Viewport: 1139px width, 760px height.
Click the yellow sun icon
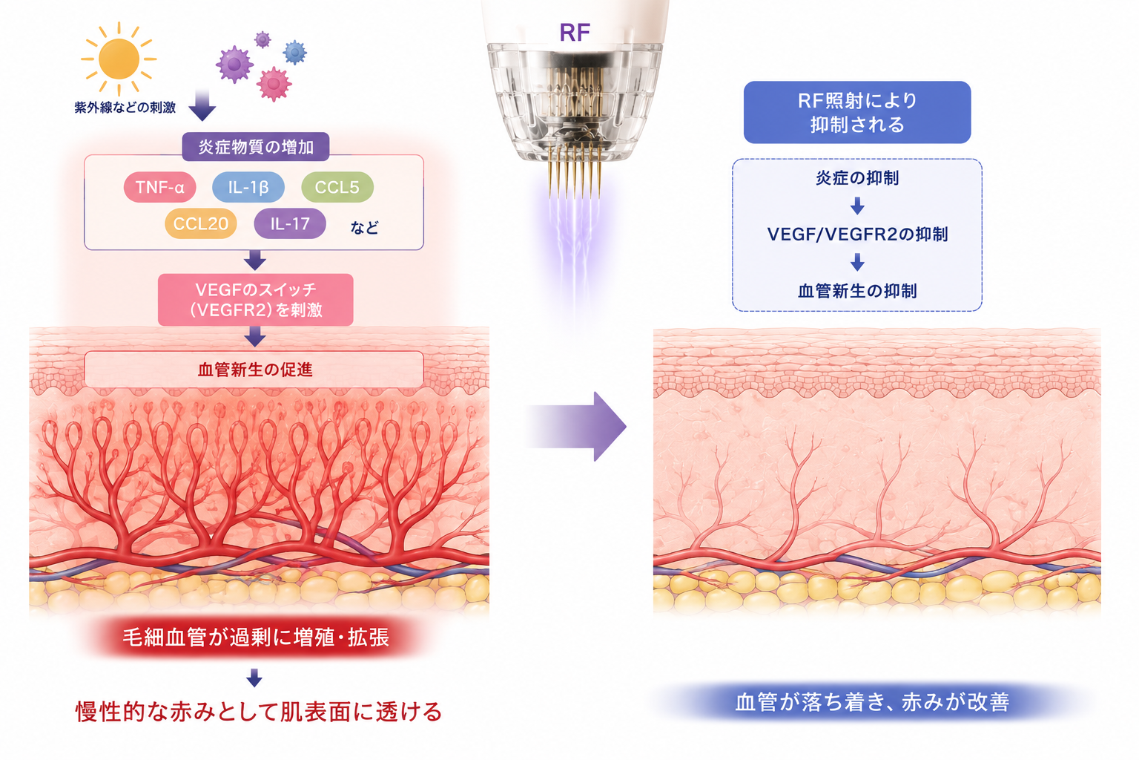(x=119, y=59)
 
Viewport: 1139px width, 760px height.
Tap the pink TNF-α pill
(x=159, y=187)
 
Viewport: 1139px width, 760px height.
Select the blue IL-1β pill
(x=248, y=187)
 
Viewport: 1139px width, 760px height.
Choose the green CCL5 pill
(x=337, y=187)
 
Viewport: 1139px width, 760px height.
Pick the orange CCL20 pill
(x=201, y=223)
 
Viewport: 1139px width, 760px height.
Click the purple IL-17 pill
(x=290, y=223)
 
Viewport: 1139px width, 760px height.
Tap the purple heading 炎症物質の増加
(x=256, y=147)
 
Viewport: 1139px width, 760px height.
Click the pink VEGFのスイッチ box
(x=255, y=299)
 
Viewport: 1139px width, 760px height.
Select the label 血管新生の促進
(x=255, y=370)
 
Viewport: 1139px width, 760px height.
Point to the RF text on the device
(x=575, y=33)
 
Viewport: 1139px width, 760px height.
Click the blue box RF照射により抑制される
(x=857, y=112)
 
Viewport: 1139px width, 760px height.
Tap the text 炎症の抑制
(x=857, y=177)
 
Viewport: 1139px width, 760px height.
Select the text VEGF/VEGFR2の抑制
(x=857, y=234)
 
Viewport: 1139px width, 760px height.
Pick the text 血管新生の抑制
(x=857, y=291)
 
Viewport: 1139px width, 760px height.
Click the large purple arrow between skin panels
(x=577, y=427)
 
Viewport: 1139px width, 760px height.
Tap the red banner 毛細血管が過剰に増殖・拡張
(x=256, y=637)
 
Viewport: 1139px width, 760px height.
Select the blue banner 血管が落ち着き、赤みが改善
(x=872, y=702)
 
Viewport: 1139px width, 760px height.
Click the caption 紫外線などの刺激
(x=125, y=108)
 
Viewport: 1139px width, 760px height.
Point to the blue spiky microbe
(x=295, y=52)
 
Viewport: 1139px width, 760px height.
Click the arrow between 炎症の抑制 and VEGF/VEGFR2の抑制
(x=857, y=206)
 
